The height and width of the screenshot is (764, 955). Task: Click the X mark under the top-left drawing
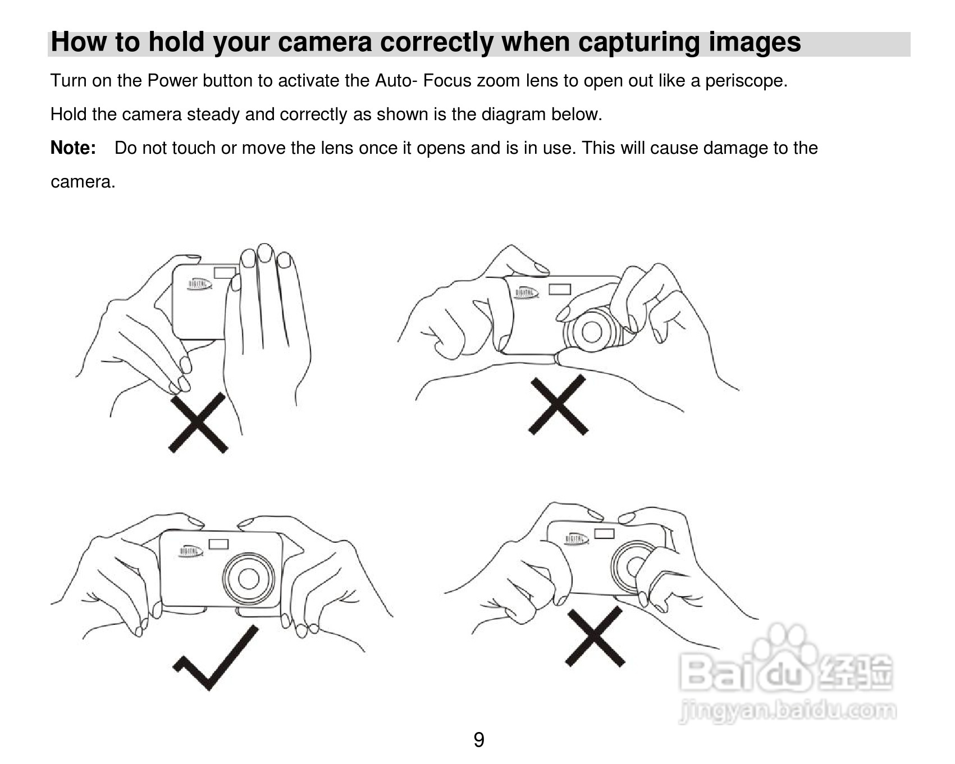coord(198,423)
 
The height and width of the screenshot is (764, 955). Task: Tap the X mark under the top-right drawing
coord(558,405)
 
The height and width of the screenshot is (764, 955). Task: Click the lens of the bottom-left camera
coord(249,579)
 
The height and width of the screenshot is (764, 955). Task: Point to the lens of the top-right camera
coord(592,331)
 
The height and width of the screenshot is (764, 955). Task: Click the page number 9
coord(478,740)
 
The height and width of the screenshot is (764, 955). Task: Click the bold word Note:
coord(73,148)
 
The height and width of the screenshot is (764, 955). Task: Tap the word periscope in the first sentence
coord(746,81)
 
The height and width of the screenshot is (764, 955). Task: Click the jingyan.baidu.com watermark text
coord(787,711)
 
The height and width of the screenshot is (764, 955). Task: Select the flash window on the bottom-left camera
coord(218,544)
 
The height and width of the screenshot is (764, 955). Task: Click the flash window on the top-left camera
coord(225,272)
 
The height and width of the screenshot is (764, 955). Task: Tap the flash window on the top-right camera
coord(559,289)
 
